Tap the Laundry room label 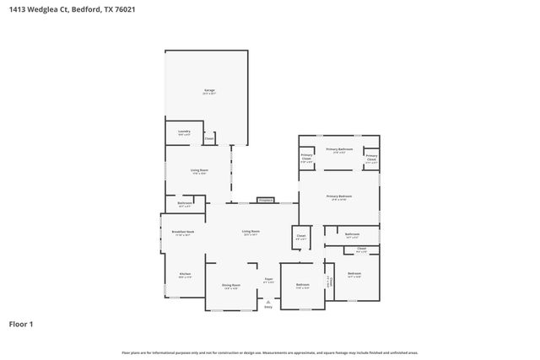click(184, 132)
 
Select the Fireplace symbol click(266, 201)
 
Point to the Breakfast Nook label click(184, 232)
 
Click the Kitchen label click(184, 274)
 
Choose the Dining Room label click(230, 285)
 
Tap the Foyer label click(269, 279)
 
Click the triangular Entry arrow click(268, 301)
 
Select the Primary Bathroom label click(339, 148)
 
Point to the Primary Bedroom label click(339, 196)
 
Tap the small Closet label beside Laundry click(208, 138)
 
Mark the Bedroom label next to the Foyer click(302, 285)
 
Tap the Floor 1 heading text click(21, 324)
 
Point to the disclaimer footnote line click(269, 352)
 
